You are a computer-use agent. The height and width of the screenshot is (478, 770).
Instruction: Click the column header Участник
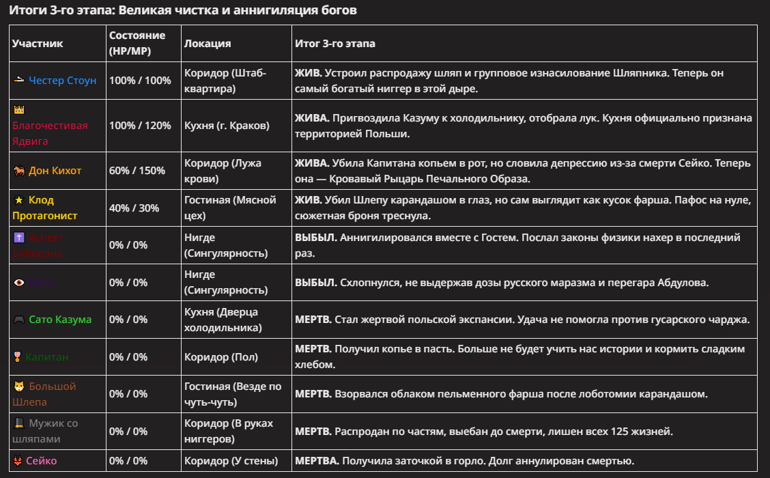[x=38, y=44]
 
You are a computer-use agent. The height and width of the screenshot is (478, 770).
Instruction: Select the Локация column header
[x=208, y=44]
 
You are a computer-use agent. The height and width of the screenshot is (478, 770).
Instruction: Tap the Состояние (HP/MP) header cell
[x=137, y=43]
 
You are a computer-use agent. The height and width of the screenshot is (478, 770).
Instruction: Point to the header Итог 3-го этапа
[x=335, y=44]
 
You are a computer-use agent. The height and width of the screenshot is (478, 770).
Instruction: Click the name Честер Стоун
[x=63, y=81]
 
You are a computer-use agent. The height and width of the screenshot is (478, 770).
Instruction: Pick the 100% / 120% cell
[x=140, y=126]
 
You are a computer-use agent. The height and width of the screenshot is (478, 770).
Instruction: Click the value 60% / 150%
[x=137, y=171]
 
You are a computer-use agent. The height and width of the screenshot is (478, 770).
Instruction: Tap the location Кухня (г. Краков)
[x=227, y=126]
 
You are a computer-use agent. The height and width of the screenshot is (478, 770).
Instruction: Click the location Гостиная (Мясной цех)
[x=230, y=208]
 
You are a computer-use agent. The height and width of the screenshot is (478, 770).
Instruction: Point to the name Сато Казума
[x=60, y=320]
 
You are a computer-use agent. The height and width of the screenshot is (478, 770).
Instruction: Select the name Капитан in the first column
[x=47, y=357]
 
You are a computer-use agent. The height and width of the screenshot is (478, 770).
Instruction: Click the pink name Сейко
[x=42, y=461]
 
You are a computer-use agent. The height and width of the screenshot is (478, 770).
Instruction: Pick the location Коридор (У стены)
[x=231, y=461]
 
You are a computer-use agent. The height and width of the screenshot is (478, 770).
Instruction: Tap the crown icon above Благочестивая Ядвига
[x=19, y=110]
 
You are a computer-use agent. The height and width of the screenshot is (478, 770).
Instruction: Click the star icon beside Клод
[x=19, y=201]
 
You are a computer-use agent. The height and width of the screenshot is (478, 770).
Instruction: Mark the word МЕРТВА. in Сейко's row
[x=317, y=461]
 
